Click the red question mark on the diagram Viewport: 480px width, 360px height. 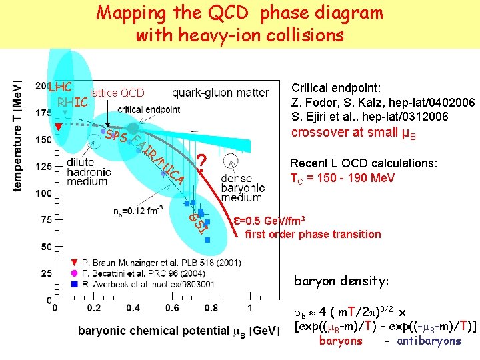(203, 161)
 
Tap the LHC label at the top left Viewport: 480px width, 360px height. (60, 88)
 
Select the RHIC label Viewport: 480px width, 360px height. (73, 103)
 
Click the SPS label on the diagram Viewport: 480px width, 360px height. (117, 136)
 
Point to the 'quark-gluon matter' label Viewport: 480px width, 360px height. (221, 93)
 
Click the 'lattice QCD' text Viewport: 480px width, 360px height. (117, 93)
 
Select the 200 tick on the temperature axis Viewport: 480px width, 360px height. (41, 85)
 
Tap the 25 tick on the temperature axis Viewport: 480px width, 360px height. (44, 274)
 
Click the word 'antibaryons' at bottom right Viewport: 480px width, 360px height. (429, 341)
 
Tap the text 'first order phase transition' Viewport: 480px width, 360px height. (313, 234)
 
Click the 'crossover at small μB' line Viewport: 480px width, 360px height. (354, 133)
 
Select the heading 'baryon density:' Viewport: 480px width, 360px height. (341, 281)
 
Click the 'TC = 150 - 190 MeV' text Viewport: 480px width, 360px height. (342, 178)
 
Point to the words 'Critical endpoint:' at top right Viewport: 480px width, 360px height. (335, 88)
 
